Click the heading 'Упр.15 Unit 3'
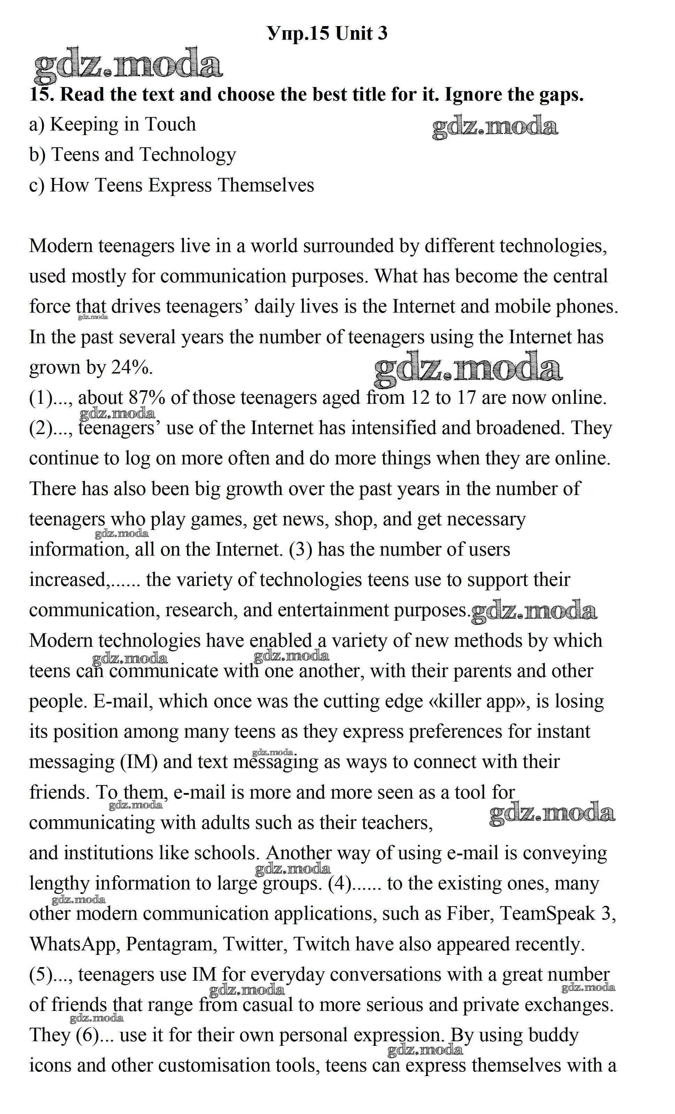(x=327, y=33)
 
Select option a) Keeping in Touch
(x=113, y=124)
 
